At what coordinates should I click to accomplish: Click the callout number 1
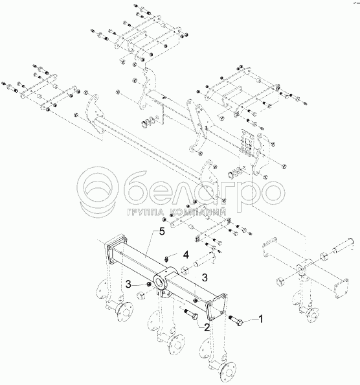pyautogui.click(x=261, y=319)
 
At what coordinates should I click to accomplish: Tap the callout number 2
pyautogui.click(x=207, y=327)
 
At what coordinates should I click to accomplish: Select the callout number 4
pyautogui.click(x=186, y=255)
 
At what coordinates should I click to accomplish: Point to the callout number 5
pyautogui.click(x=162, y=231)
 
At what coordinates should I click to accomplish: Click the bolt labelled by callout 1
pyautogui.click(x=236, y=320)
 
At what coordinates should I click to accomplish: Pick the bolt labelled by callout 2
pyautogui.click(x=191, y=314)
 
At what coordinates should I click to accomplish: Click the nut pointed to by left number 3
pyautogui.click(x=149, y=285)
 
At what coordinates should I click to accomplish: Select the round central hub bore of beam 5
pyautogui.click(x=160, y=281)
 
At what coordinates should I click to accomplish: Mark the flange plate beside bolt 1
pyautogui.click(x=216, y=307)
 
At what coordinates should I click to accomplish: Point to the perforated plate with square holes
pyautogui.click(x=247, y=142)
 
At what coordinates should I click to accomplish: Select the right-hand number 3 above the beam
pyautogui.click(x=204, y=277)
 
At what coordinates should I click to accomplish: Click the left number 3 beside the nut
pyautogui.click(x=129, y=285)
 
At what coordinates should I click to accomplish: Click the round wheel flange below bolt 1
pyautogui.click(x=228, y=372)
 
